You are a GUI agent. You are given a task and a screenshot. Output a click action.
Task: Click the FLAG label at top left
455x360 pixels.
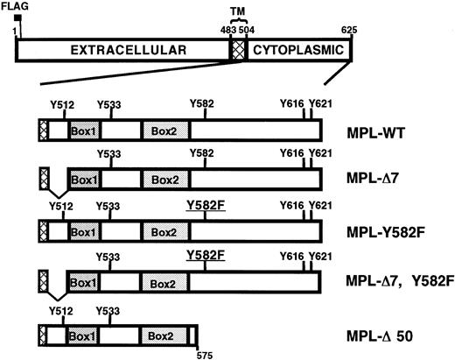[13, 7]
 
